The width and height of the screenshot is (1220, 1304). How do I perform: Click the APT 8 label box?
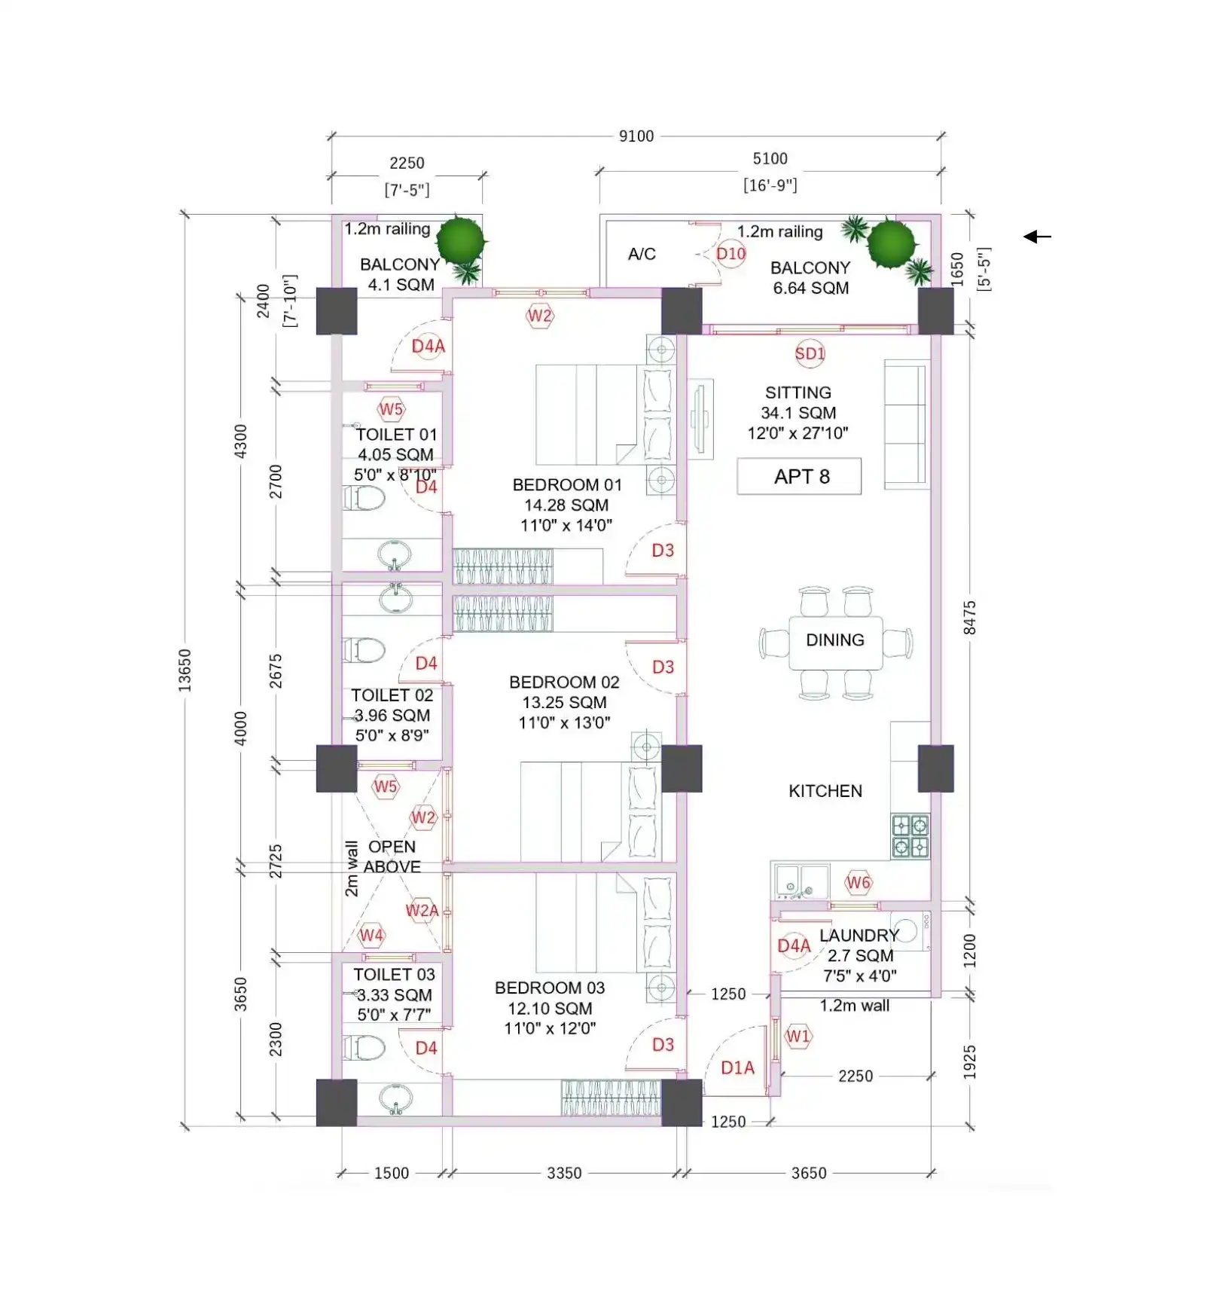point(799,476)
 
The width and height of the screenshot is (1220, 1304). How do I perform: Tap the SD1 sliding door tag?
point(810,353)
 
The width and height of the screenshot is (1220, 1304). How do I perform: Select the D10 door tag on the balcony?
point(730,254)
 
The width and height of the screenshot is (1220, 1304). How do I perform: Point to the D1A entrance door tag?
point(737,1067)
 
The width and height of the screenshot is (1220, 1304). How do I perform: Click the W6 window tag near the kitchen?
point(859,882)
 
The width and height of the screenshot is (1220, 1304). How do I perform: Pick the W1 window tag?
point(798,1037)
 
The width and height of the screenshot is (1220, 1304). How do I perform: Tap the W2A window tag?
point(422,910)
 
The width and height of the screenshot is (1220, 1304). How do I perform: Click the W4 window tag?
point(371,936)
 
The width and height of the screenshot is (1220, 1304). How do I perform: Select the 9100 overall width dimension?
point(636,136)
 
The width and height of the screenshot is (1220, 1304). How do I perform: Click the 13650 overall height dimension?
point(185,670)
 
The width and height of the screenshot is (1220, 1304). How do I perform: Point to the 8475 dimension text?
point(970,618)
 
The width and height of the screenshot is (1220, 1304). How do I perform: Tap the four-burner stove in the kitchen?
point(910,836)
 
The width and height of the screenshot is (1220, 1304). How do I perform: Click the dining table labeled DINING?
point(835,643)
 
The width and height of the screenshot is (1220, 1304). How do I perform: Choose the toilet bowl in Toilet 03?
point(364,1047)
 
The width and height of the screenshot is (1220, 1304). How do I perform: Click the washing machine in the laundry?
point(910,931)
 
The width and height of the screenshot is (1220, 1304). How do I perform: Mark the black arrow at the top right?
point(1037,237)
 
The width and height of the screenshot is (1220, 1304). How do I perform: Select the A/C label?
point(642,254)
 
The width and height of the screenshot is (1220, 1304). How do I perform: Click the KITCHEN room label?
point(825,791)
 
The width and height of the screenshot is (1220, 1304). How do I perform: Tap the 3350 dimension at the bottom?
point(564,1173)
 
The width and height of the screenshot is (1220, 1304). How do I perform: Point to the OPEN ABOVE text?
point(392,857)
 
